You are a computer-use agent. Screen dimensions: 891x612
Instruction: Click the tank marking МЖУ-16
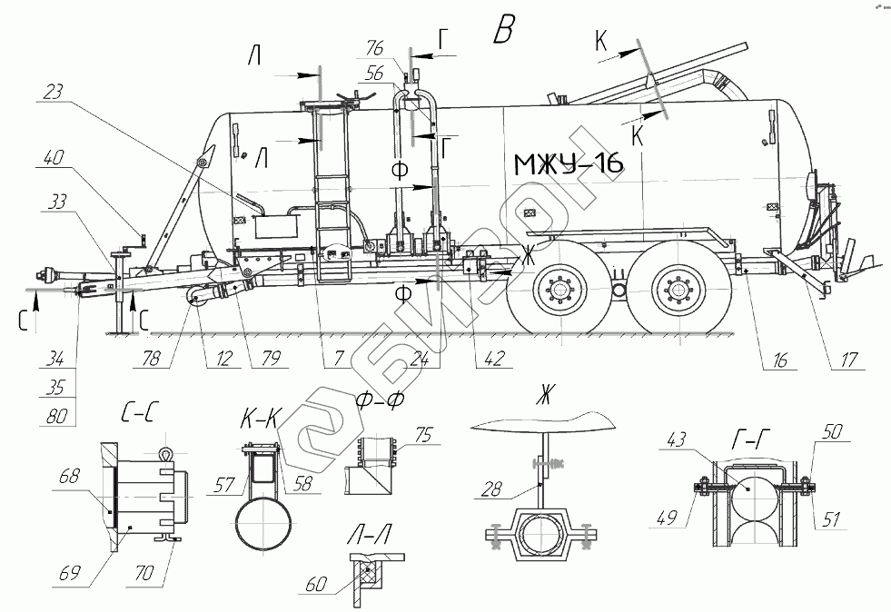tap(569, 164)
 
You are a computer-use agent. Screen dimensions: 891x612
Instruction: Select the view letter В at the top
tap(503, 31)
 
